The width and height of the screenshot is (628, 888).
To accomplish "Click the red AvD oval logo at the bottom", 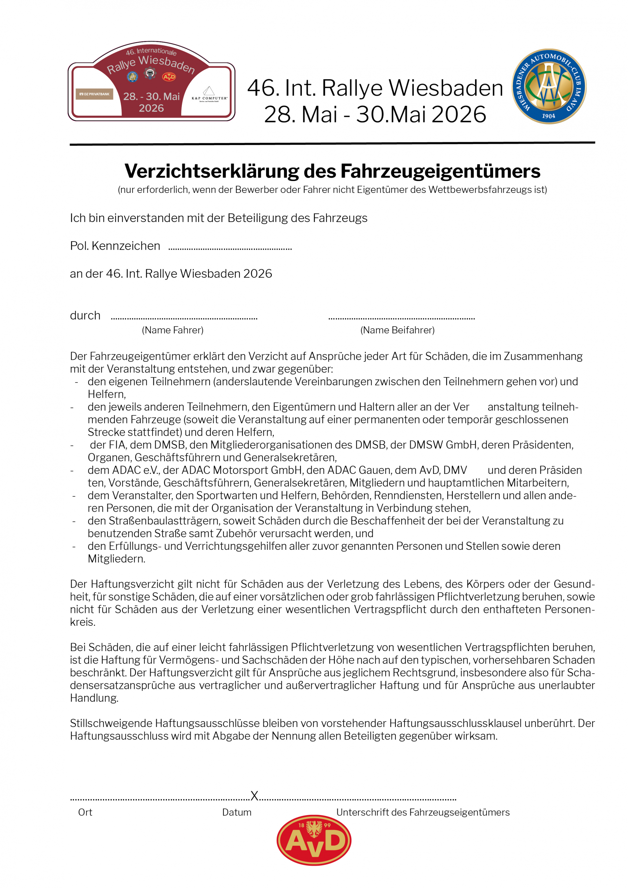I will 314,840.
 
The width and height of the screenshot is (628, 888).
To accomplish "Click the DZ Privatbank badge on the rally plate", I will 94,94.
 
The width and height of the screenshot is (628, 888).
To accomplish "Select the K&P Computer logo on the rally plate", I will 209,94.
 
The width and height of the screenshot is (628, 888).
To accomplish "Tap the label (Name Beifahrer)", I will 397,330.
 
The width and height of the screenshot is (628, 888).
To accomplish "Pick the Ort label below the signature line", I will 85,812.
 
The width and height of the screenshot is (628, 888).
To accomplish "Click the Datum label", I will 236,812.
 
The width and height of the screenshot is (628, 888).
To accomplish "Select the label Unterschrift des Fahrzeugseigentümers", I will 423,812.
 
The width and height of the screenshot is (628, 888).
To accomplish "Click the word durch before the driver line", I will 85,316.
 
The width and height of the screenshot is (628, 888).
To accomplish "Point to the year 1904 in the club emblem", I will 548,116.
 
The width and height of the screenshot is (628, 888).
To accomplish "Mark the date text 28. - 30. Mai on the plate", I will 151,96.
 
